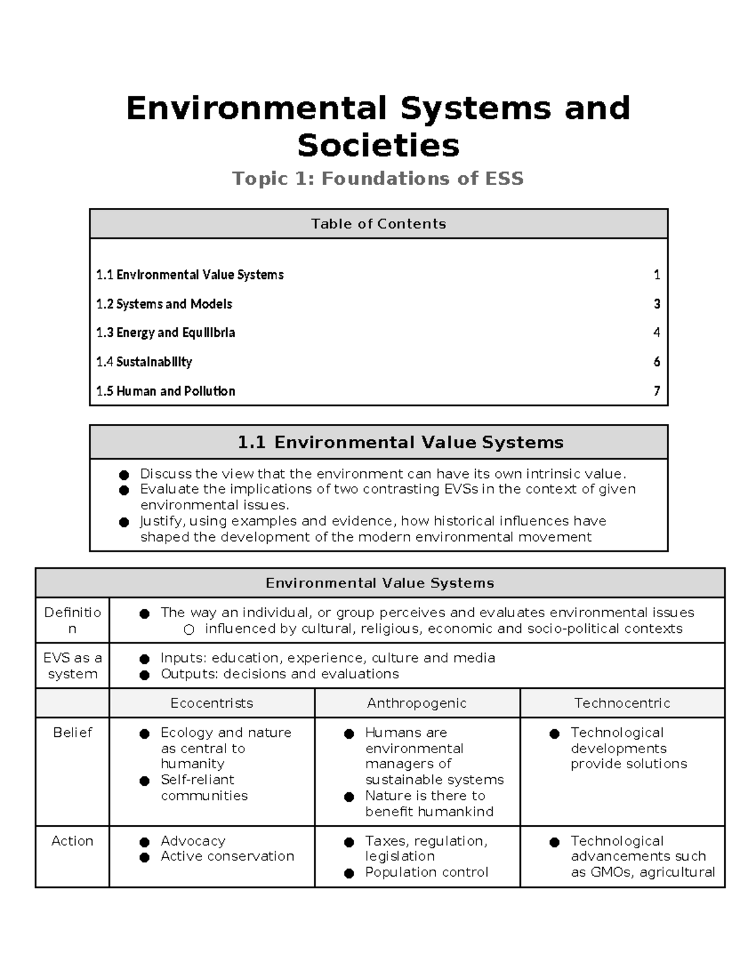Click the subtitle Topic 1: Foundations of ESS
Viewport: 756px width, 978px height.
378,179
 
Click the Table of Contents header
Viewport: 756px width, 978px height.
378,224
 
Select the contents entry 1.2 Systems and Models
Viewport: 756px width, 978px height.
164,304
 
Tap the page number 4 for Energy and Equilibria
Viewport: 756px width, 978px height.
656,333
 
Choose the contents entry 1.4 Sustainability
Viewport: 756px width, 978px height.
144,362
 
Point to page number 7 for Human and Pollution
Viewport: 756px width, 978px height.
656,391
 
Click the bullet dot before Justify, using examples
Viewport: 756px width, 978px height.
124,522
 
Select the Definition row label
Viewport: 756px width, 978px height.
72,620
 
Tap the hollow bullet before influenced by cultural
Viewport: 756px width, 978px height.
189,629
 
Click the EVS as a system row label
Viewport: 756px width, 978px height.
72,666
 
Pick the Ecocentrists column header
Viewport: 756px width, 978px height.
212,703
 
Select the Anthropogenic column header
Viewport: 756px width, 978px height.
416,703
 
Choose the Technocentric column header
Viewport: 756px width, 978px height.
622,703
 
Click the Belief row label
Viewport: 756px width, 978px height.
72,732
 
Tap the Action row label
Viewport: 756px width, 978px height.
72,841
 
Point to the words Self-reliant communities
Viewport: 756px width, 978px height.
203,787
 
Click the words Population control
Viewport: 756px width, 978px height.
427,872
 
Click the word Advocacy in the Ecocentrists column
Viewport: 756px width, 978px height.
193,841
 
